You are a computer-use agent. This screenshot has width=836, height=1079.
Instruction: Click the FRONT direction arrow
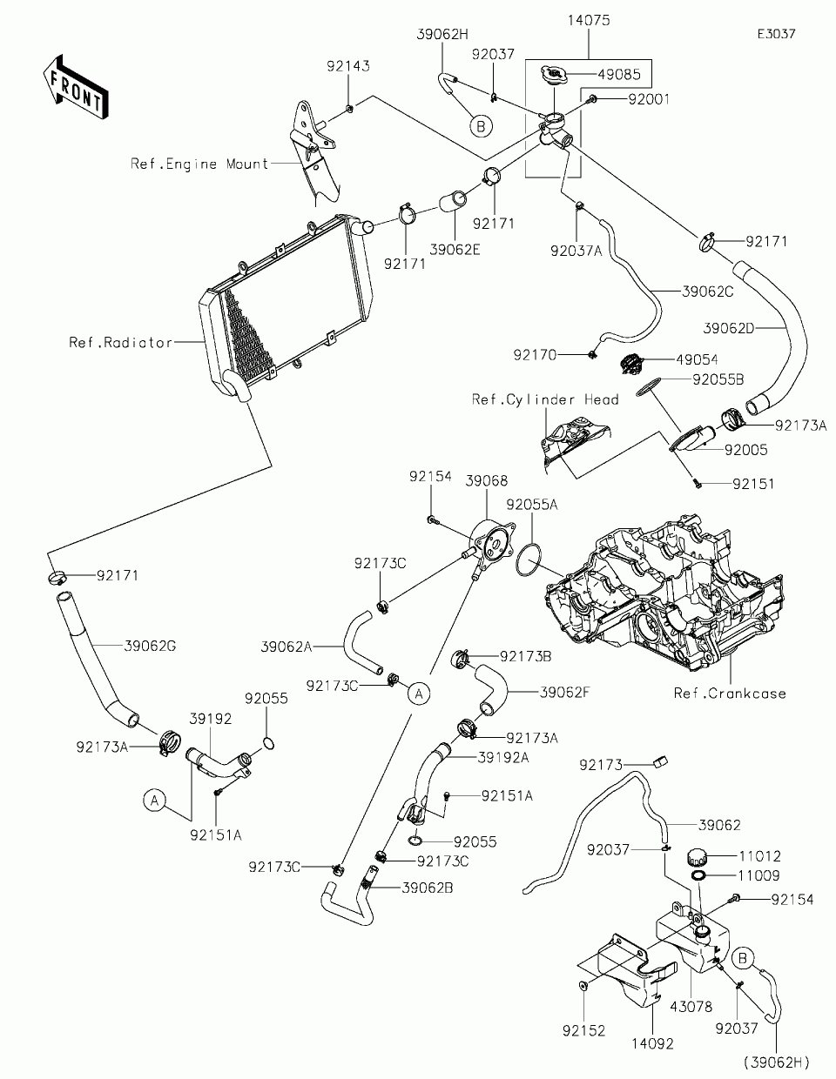(76, 87)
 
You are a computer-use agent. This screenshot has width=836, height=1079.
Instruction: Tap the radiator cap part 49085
(553, 76)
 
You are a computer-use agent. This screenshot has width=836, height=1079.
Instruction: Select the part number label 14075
(589, 20)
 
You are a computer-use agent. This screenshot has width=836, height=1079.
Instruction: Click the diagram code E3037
(777, 34)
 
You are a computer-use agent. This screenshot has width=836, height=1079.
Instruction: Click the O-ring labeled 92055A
(529, 560)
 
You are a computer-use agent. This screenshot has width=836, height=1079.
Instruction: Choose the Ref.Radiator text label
(121, 342)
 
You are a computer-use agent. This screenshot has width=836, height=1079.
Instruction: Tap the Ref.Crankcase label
(730, 694)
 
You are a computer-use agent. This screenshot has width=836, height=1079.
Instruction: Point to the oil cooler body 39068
(491, 546)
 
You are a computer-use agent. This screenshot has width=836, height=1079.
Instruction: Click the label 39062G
(150, 646)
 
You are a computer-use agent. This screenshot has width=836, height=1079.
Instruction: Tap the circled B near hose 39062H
(481, 126)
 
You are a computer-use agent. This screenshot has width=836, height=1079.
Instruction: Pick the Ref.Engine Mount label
(199, 164)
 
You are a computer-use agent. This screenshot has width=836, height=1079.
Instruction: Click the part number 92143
(348, 66)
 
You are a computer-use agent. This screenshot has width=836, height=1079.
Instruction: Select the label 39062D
(729, 328)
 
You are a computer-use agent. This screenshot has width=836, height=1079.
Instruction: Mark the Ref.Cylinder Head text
(545, 399)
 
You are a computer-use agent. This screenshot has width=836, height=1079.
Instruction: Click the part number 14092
(653, 1044)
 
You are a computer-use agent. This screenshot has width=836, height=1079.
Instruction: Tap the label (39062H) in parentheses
(777, 1062)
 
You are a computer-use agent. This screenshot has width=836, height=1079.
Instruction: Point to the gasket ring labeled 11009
(697, 875)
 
